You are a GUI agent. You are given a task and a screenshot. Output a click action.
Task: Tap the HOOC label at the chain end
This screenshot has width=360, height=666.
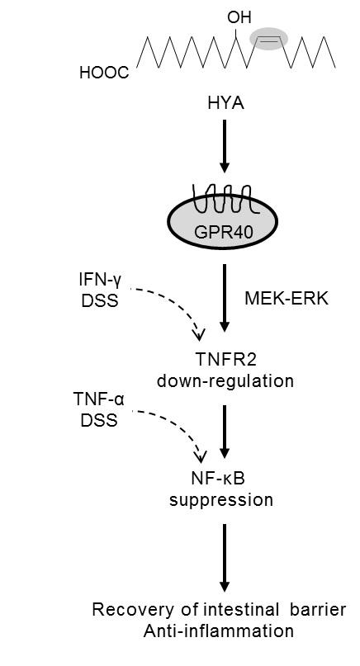(104, 73)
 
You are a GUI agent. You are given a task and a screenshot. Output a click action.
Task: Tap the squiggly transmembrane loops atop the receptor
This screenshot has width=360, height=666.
(224, 198)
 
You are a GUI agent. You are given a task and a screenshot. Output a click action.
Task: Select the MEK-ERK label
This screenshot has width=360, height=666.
(287, 298)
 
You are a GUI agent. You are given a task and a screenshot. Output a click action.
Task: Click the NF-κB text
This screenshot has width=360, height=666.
(224, 478)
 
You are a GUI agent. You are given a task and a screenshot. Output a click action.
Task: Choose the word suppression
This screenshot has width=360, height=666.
(224, 499)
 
